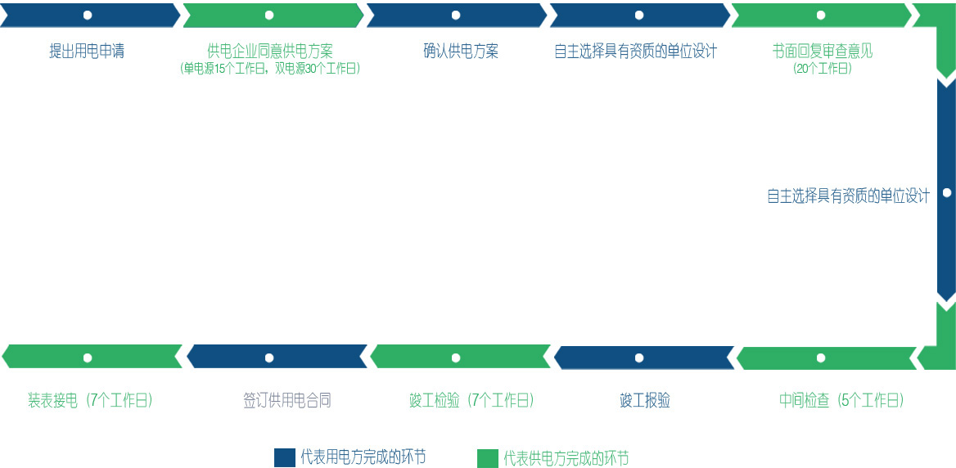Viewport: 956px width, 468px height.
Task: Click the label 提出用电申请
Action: point(87,52)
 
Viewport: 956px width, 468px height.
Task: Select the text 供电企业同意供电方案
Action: point(270,52)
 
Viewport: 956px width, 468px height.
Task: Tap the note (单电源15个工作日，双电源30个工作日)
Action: point(270,70)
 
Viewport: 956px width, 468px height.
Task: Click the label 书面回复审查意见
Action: point(823,52)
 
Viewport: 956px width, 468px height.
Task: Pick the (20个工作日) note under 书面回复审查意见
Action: point(823,70)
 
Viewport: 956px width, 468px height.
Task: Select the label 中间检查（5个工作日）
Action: point(841,401)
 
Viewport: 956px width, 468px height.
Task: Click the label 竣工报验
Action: point(645,401)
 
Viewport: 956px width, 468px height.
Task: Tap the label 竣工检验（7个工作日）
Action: point(471,401)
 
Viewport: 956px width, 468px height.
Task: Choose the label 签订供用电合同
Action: point(287,401)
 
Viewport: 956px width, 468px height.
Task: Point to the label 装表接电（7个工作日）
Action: point(90,401)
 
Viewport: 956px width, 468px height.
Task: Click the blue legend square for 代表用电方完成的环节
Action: point(284,458)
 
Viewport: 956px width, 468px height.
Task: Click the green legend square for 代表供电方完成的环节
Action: point(488,458)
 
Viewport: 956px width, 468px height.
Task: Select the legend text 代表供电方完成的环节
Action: point(566,458)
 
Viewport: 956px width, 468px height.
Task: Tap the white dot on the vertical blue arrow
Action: point(947,193)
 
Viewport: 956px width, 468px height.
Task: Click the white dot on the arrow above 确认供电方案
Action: point(456,16)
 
